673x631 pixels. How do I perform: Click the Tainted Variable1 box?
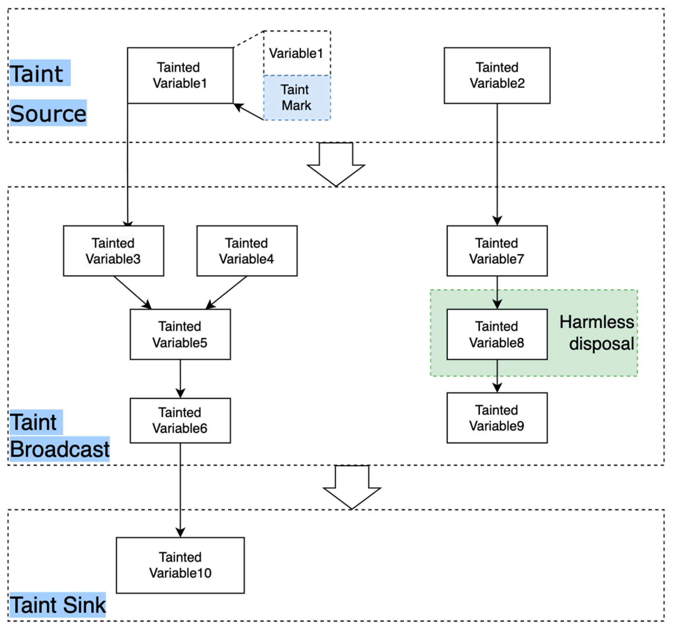point(180,75)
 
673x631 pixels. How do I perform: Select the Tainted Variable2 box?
point(497,75)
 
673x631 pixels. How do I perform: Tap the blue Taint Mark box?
point(297,98)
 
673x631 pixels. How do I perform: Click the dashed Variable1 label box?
point(297,53)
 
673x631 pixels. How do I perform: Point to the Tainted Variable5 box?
point(180,334)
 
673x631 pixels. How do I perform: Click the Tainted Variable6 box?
point(180,420)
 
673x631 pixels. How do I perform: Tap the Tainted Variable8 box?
point(497,334)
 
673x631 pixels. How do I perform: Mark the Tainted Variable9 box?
point(497,418)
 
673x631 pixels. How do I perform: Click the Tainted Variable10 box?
point(180,565)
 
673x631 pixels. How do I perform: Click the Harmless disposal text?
point(597,333)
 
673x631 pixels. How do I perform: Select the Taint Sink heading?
point(58,605)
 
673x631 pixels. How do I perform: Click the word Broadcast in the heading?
point(60,449)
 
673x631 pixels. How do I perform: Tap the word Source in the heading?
point(48,113)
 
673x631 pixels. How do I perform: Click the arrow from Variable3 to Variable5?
point(132,292)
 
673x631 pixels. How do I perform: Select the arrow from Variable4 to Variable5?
point(227,292)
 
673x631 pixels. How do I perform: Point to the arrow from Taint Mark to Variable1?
point(248,111)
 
